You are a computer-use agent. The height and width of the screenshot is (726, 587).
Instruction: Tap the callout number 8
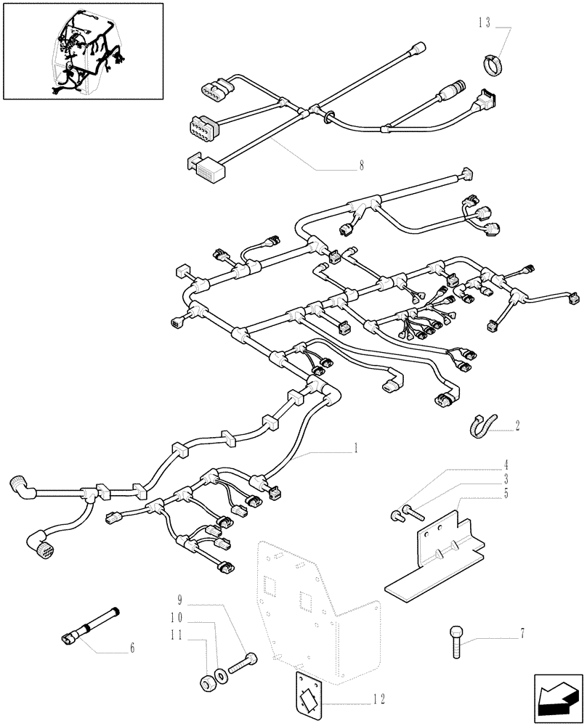(x=360, y=165)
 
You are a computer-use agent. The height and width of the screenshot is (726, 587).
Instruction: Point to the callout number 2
(x=517, y=427)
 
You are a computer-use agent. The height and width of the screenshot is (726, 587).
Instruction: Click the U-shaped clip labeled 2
(x=480, y=427)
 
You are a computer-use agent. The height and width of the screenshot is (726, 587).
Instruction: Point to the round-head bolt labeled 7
(x=456, y=640)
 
